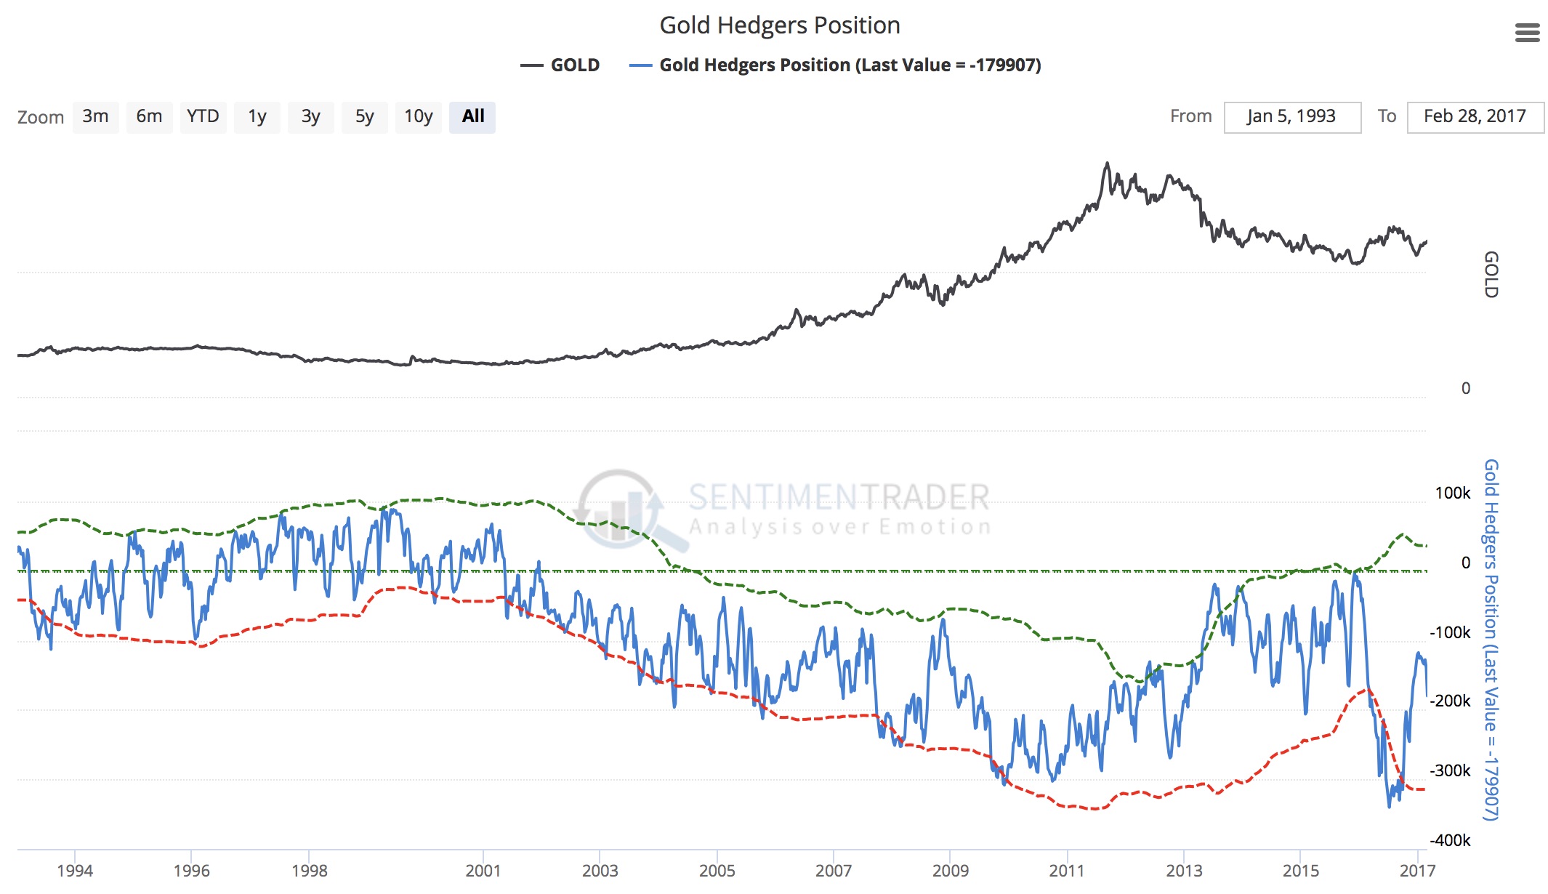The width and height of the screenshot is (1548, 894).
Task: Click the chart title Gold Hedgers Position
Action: coord(779,25)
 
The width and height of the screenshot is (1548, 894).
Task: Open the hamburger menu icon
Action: coord(1527,33)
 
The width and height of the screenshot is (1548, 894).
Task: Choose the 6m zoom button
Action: coord(149,117)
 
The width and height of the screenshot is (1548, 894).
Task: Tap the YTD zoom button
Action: coord(203,117)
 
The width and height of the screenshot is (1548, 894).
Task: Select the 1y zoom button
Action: coord(257,117)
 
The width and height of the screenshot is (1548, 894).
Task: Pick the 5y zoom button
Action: coord(364,117)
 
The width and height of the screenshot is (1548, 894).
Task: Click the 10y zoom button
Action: coord(418,117)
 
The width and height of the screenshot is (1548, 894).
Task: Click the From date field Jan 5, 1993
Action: coord(1291,117)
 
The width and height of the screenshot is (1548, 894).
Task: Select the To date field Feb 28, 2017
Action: coord(1475,117)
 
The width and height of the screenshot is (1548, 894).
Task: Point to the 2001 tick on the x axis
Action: coord(483,870)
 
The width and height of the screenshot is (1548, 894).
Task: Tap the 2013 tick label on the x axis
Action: coord(1184,870)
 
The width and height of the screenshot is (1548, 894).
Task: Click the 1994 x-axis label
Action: coord(75,870)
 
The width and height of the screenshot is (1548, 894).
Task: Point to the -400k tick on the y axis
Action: coord(1450,840)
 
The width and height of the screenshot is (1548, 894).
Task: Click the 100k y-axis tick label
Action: coord(1452,493)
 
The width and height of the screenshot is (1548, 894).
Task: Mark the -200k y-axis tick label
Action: coord(1450,701)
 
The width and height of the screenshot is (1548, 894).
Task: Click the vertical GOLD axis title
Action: coord(1491,275)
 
